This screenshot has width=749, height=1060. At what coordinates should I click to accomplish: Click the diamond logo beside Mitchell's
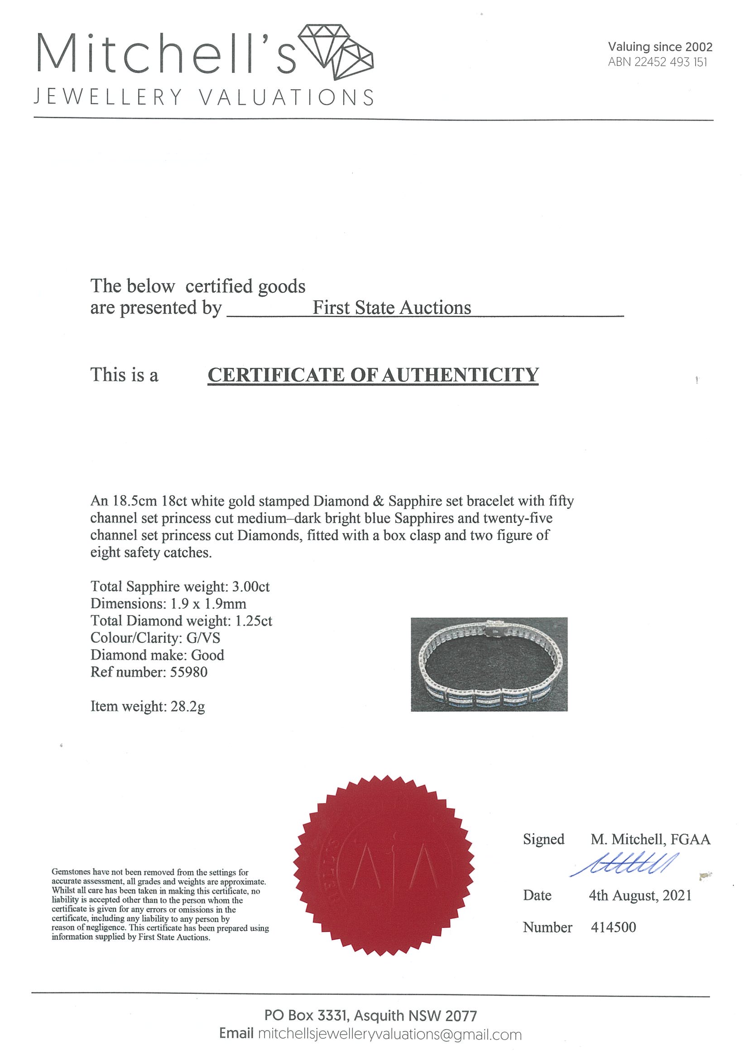(336, 51)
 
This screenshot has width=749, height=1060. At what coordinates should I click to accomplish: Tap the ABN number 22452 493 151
(671, 62)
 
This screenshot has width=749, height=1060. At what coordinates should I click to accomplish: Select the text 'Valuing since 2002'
(660, 47)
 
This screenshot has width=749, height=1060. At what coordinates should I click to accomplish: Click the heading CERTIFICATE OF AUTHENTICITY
(373, 375)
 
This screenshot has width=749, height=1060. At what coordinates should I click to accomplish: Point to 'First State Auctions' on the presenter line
(392, 308)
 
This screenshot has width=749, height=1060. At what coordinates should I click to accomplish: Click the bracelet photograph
(489, 664)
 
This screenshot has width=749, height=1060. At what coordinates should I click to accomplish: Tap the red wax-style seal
(384, 869)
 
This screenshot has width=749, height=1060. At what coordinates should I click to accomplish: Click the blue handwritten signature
(624, 864)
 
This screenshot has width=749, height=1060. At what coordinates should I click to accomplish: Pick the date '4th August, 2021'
(640, 896)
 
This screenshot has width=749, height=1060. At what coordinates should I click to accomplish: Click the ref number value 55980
(189, 672)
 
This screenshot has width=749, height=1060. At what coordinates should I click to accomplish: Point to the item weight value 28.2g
(187, 706)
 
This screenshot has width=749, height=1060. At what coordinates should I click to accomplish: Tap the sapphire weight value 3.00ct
(250, 586)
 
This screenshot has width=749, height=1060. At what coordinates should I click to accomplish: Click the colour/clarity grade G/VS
(203, 637)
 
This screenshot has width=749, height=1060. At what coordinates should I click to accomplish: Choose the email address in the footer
(390, 1035)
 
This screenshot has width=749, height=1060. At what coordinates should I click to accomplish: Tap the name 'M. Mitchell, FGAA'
(650, 839)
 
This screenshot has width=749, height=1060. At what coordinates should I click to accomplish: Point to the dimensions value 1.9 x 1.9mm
(208, 603)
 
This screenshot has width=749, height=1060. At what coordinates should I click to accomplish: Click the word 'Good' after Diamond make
(208, 655)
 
